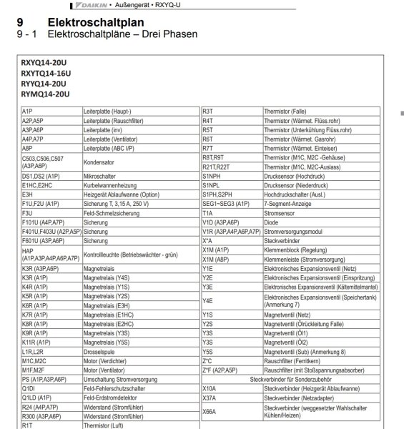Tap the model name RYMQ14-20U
pos(46,94)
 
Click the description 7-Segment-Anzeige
pos(290,203)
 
